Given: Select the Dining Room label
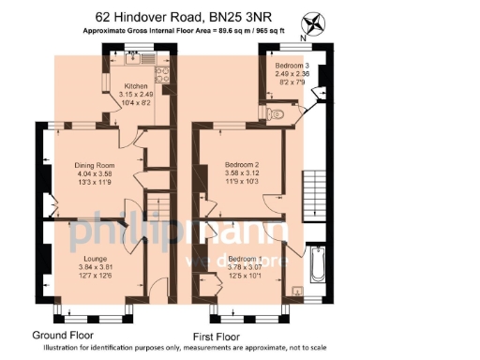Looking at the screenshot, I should pos(94,165).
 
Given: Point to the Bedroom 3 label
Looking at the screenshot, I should pos(292,65).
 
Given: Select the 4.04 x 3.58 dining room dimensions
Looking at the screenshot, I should pos(94,173).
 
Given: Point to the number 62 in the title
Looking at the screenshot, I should pos(105,16).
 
